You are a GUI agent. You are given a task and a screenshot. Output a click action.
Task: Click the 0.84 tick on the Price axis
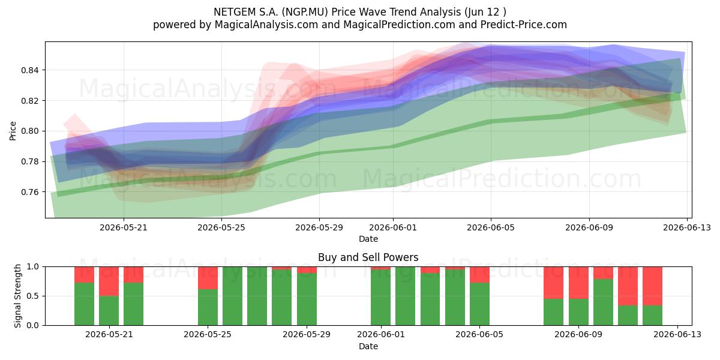click(x=29, y=70)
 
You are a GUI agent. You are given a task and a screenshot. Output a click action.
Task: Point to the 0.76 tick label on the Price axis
click(x=29, y=192)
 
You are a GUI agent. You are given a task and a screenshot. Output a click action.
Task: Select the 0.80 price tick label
click(x=29, y=131)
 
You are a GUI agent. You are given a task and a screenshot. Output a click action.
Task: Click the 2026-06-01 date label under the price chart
click(x=393, y=227)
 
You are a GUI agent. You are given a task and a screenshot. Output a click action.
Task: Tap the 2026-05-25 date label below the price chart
click(x=221, y=227)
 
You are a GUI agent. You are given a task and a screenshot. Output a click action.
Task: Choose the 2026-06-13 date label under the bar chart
click(x=677, y=334)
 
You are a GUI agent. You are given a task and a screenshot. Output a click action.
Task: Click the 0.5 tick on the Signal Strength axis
click(x=32, y=296)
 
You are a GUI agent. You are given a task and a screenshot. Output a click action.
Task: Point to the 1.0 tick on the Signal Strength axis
click(x=32, y=266)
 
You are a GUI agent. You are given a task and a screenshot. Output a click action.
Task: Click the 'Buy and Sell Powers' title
click(x=368, y=257)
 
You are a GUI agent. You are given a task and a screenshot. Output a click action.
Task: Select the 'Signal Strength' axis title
click(x=17, y=296)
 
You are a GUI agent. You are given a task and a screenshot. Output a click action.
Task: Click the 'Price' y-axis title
click(x=13, y=131)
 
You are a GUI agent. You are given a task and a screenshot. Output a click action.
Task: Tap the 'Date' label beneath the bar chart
click(x=368, y=346)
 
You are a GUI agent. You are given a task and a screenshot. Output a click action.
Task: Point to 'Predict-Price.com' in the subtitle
click(x=524, y=25)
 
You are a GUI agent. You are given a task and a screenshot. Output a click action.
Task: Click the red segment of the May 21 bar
click(x=109, y=281)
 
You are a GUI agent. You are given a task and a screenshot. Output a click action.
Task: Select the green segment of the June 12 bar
click(x=653, y=316)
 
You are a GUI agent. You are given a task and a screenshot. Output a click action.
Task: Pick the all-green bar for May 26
click(x=232, y=296)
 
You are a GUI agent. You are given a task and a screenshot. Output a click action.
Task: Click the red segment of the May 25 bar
click(x=208, y=278)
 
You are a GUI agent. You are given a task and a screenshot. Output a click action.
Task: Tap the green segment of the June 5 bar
click(x=479, y=304)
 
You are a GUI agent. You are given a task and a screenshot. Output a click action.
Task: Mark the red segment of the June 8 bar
click(x=553, y=283)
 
